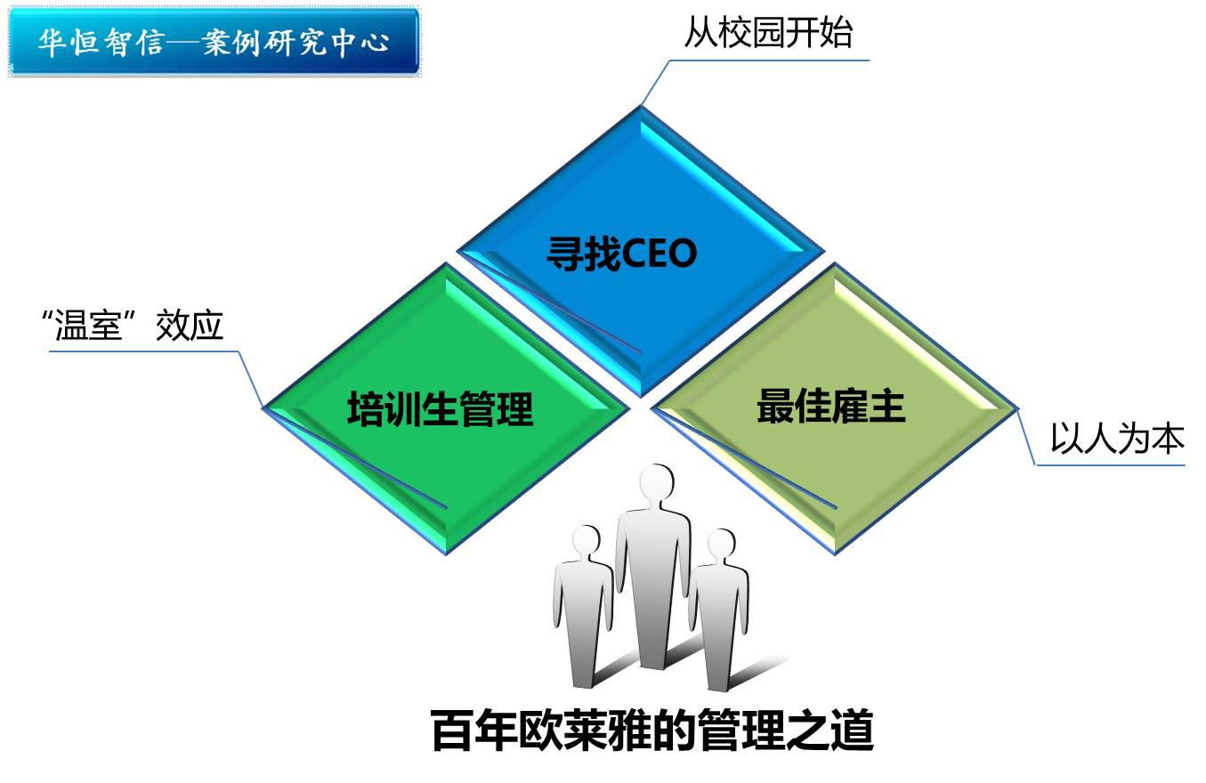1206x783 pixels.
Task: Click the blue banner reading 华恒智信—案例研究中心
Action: [x=214, y=41]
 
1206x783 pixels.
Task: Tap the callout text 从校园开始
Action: [x=768, y=32]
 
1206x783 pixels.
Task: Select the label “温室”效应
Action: [x=133, y=325]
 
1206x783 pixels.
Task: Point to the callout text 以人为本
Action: [x=1118, y=438]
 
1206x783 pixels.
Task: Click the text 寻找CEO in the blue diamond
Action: [x=622, y=253]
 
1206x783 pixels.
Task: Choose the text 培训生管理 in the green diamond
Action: [x=441, y=409]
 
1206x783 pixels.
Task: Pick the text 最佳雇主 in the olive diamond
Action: [x=831, y=406]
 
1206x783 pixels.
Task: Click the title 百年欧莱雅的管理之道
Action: [x=652, y=731]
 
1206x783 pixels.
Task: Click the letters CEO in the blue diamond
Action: [x=659, y=254]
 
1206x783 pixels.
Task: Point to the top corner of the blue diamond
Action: [x=641, y=106]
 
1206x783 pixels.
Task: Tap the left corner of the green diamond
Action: [x=263, y=408]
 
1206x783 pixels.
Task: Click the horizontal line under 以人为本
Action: [x=1111, y=465]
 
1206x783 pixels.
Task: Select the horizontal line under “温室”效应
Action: [x=144, y=352]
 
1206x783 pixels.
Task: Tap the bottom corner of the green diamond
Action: [x=446, y=554]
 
